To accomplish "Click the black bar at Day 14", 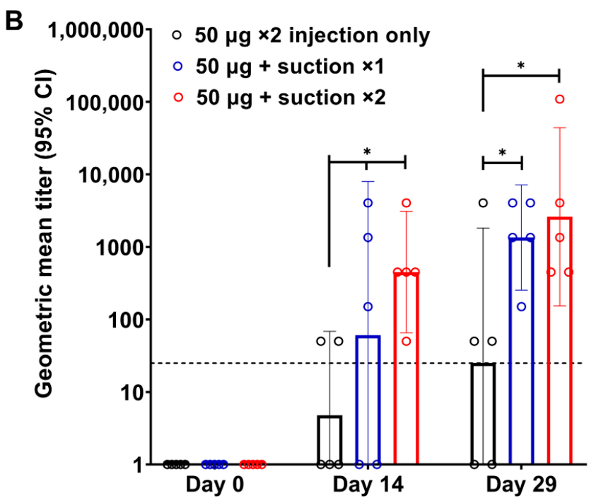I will (329, 440).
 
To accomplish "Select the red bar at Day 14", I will (406, 368).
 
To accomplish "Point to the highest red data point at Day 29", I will (560, 99).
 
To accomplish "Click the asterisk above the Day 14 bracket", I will (367, 151).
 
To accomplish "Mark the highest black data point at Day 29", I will (484, 203).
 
